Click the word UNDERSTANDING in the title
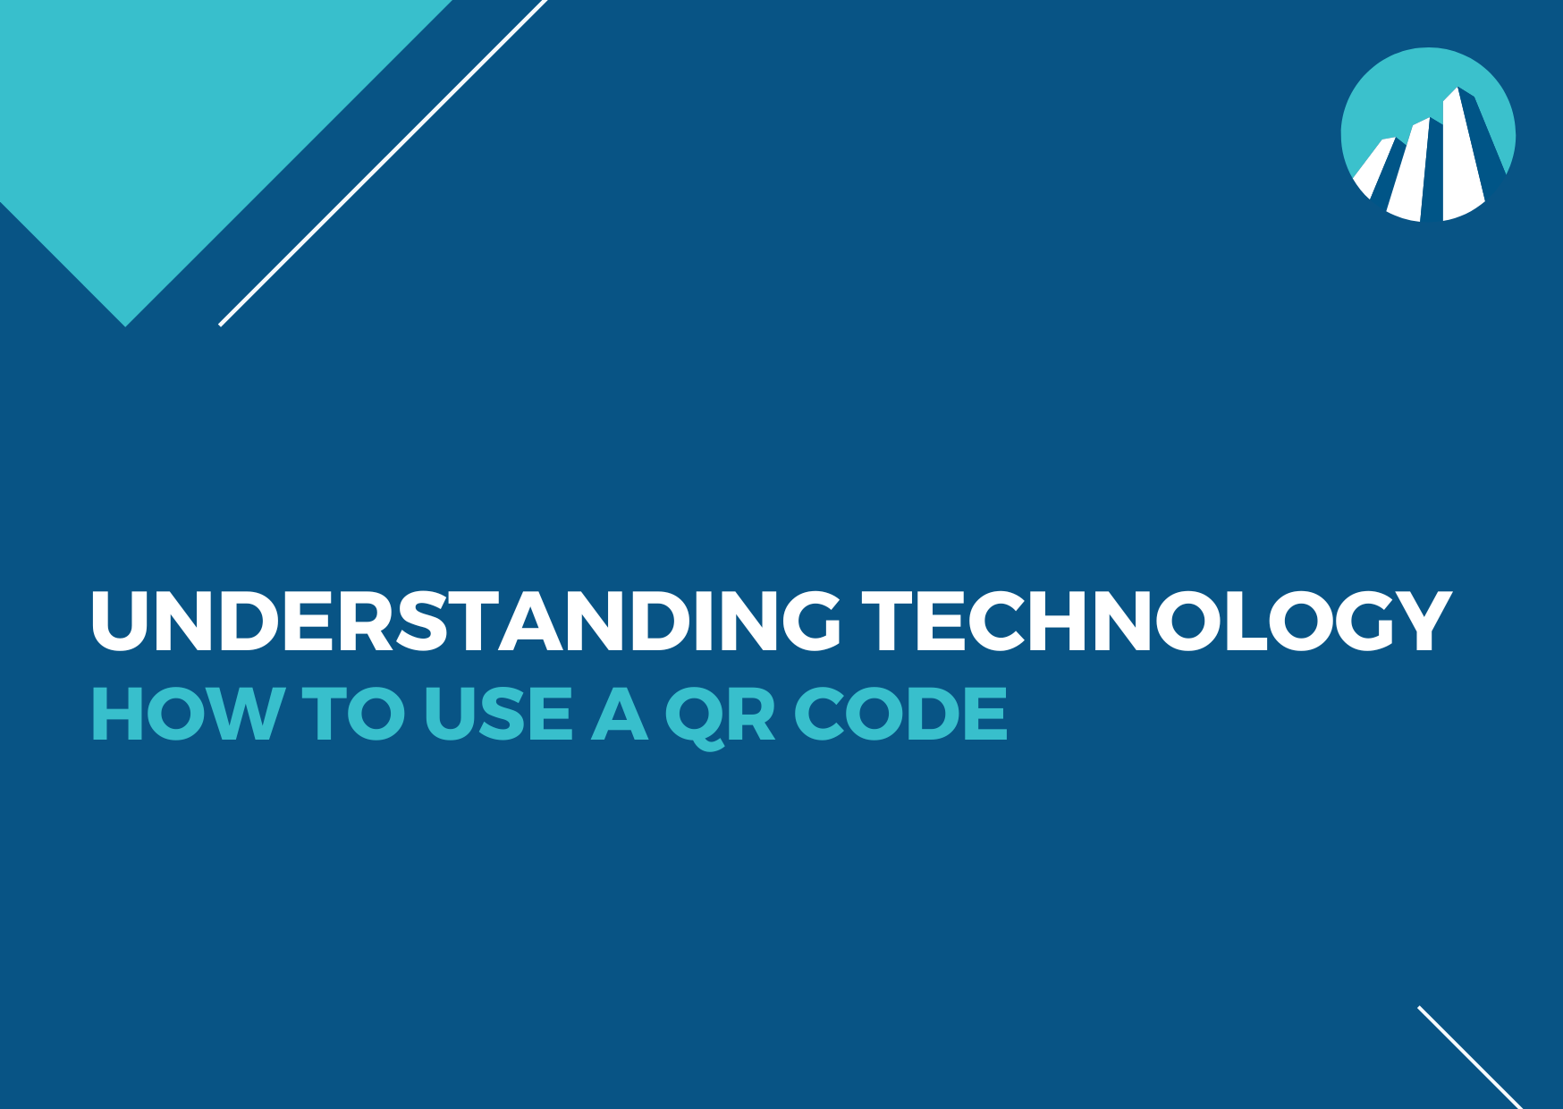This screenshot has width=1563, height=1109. click(x=466, y=621)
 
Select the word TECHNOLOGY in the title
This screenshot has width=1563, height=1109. click(x=1157, y=621)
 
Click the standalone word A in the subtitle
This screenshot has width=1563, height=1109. click(x=620, y=714)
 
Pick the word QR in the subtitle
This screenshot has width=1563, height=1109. click(x=721, y=717)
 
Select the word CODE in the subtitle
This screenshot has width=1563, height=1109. click(x=901, y=714)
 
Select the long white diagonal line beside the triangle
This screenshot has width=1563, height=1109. click(x=383, y=163)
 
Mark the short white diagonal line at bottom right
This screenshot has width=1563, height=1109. click(x=1470, y=1057)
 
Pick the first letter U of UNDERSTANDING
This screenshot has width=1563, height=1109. click(x=120, y=622)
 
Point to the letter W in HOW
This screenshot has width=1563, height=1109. click(x=246, y=714)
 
